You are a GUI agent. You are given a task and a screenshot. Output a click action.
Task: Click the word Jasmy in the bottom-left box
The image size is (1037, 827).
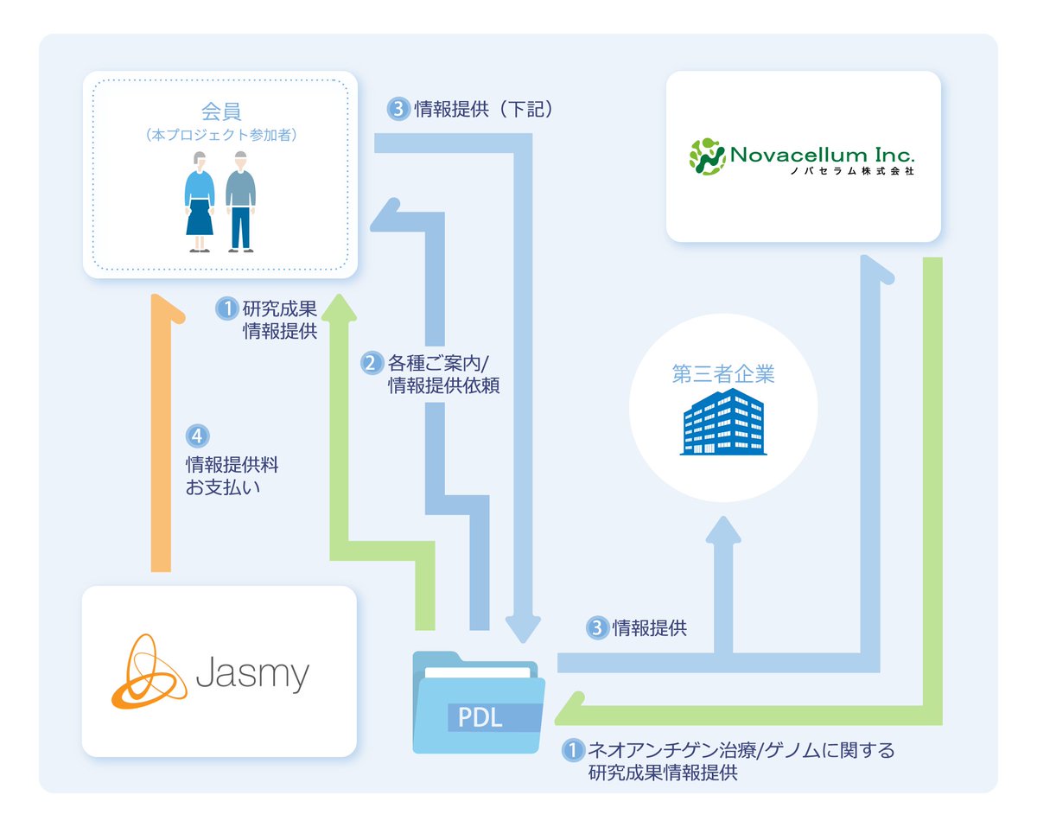point(251,674)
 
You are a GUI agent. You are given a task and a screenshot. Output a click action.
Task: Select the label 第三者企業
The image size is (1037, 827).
point(723,374)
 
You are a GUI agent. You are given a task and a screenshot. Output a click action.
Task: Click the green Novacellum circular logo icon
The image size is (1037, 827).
point(706,156)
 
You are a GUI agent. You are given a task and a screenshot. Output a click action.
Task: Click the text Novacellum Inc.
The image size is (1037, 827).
point(822,156)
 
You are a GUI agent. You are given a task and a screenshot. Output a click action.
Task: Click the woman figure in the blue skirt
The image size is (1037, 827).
point(200,201)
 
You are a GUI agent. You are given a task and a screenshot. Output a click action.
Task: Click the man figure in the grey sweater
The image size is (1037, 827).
point(240,201)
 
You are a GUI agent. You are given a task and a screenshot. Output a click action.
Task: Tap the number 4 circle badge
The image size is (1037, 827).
point(198,436)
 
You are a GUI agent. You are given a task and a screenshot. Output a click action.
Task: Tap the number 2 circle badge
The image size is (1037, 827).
point(371,362)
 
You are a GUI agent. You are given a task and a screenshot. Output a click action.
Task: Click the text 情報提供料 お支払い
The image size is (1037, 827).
point(232,475)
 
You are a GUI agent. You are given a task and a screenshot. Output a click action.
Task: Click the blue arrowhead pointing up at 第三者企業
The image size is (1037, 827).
point(723,529)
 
